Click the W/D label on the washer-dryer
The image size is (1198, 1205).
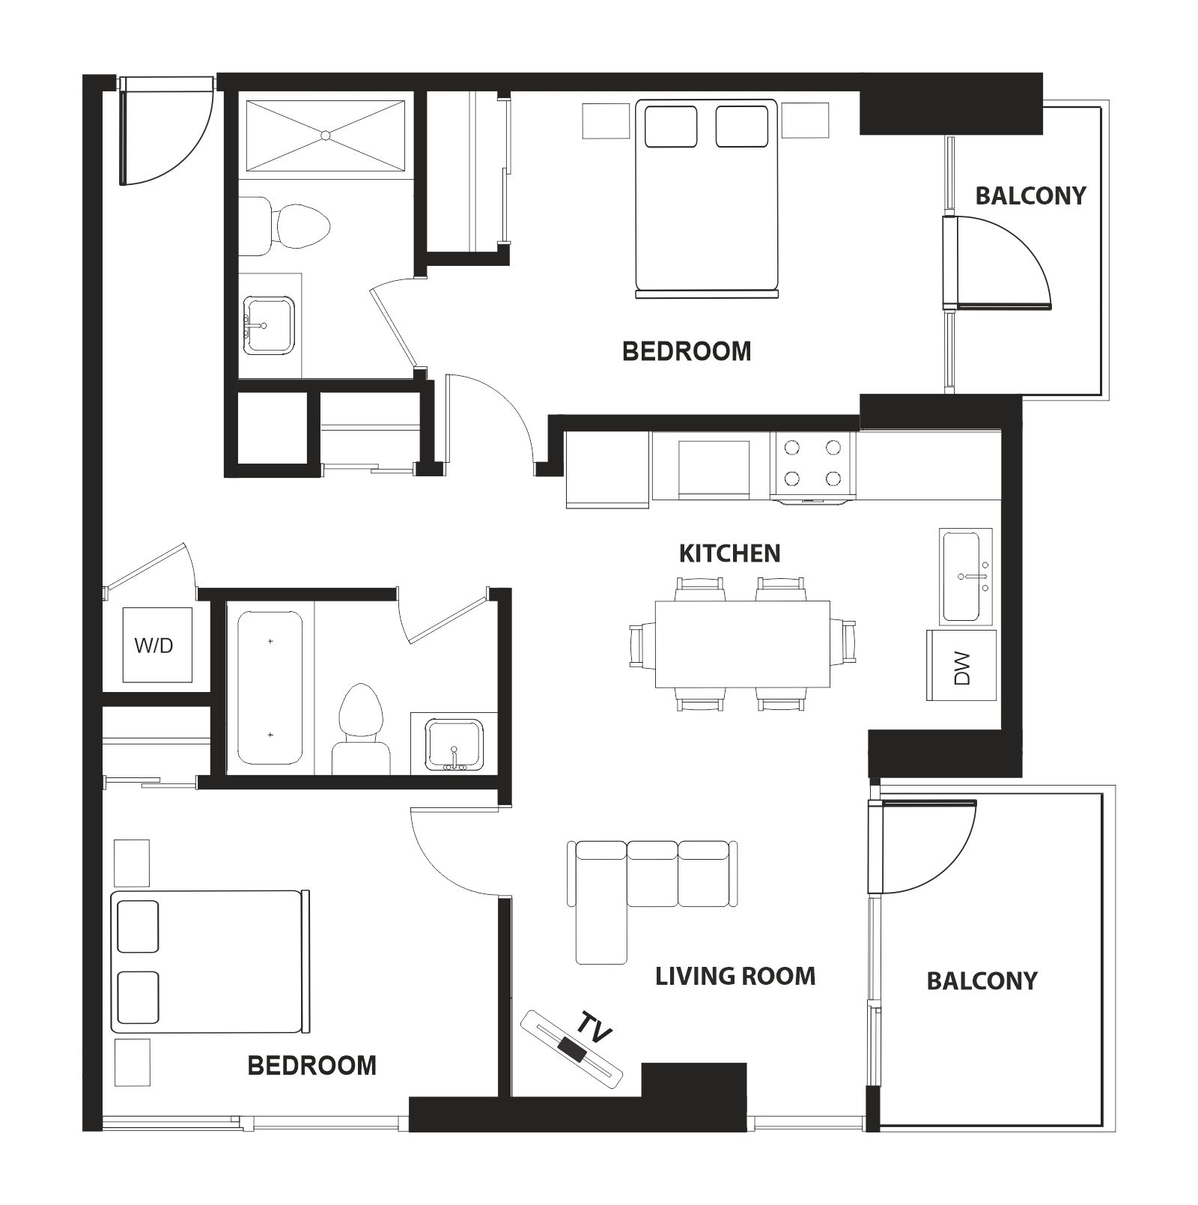point(154,645)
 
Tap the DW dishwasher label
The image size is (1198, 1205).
point(962,668)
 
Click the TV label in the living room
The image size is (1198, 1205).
point(596,1030)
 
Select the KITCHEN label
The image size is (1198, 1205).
point(729,553)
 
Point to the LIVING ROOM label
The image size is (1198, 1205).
point(735,976)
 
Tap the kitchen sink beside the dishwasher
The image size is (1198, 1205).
point(967,577)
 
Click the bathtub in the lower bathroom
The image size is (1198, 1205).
point(270,688)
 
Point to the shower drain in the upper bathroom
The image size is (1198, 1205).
point(325,136)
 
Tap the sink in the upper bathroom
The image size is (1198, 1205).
point(269,324)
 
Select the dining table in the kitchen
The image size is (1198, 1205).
point(742,644)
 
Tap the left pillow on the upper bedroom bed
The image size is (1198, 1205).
point(670,126)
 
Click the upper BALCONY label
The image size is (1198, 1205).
point(1030,195)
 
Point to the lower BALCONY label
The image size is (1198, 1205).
point(982,980)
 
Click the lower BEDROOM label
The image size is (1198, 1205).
point(311,1065)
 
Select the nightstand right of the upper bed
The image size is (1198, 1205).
point(806,121)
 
